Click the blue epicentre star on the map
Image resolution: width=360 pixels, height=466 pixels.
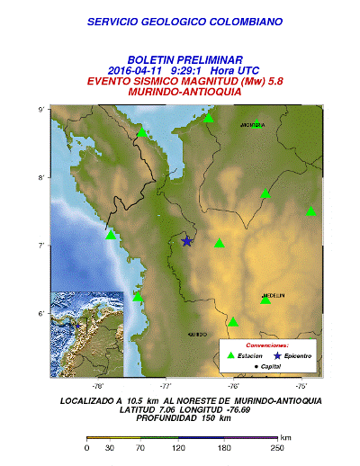(x=187, y=241)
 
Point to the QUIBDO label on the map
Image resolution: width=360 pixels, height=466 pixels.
(x=196, y=334)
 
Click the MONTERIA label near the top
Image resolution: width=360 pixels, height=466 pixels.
(x=253, y=125)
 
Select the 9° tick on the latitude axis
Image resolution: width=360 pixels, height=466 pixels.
(x=41, y=110)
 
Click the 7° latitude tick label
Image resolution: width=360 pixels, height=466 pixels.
(x=41, y=246)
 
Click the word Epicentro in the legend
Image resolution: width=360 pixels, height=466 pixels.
(x=292, y=356)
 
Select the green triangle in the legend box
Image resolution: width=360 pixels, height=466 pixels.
(x=230, y=356)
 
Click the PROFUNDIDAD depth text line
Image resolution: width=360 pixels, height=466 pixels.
(x=180, y=417)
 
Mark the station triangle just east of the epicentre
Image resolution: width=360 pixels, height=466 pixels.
(x=219, y=243)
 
